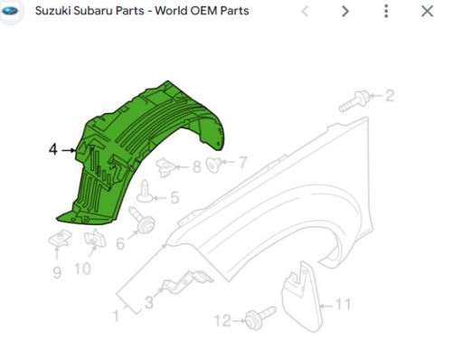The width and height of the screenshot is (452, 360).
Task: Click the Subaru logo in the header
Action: click(x=10, y=11)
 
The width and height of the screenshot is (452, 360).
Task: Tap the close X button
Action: click(x=427, y=12)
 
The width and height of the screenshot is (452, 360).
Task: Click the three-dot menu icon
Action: click(x=386, y=12)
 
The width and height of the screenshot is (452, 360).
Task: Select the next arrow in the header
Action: click(x=345, y=12)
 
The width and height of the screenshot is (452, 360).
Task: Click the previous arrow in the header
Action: click(x=305, y=12)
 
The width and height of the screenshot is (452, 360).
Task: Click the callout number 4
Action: click(x=53, y=149)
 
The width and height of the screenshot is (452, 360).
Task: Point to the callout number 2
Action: click(x=390, y=96)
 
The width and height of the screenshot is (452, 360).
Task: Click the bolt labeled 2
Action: click(x=354, y=101)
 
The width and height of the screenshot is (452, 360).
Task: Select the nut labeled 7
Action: click(x=214, y=165)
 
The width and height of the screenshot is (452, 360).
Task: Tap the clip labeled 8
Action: click(x=165, y=167)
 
